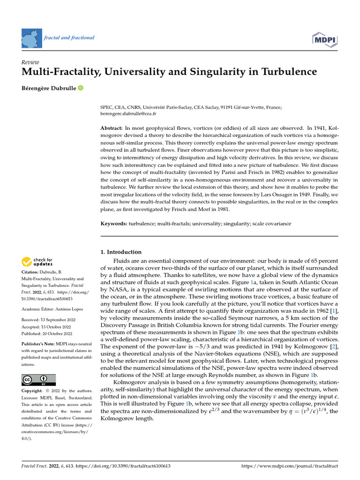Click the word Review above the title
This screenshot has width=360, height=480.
30,62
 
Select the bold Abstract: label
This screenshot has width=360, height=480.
111,128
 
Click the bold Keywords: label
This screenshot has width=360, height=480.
114,224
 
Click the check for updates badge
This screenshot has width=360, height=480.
37,262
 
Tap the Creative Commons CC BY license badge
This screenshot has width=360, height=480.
38,379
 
